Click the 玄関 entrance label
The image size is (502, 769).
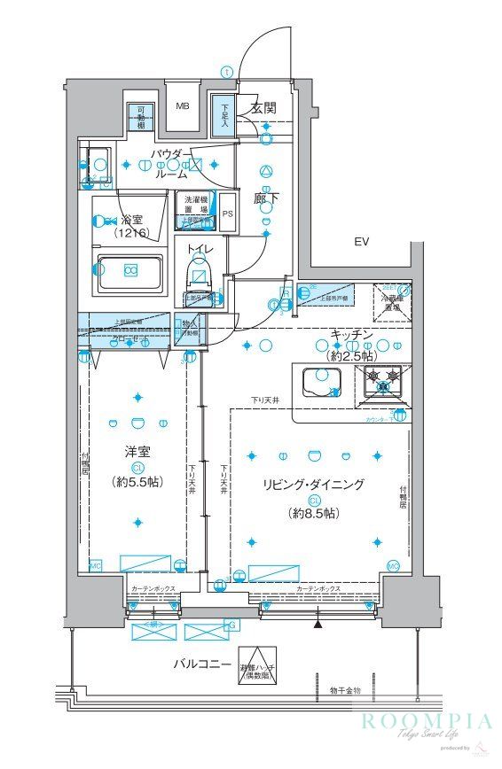click(x=263, y=108)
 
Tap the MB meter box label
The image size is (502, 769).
click(x=182, y=106)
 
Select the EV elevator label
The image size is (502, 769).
click(x=361, y=241)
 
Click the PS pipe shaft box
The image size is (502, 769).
click(x=228, y=213)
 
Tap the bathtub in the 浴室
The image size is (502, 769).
click(x=129, y=270)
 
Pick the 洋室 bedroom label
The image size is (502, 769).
click(x=137, y=451)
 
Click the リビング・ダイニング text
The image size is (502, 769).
click(x=313, y=484)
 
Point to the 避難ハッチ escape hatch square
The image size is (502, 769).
click(x=257, y=672)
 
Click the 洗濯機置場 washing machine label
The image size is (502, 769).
click(x=194, y=204)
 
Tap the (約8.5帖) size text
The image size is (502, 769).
click(x=313, y=513)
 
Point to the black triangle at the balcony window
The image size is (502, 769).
click(x=318, y=625)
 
